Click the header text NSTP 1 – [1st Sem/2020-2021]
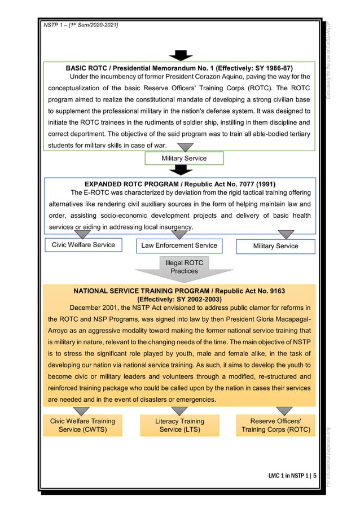click(77, 25)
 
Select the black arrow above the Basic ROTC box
click(181, 55)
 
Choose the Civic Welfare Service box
click(84, 245)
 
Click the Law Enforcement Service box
click(179, 246)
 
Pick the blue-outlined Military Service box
click(276, 246)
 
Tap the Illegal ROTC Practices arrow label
click(185, 267)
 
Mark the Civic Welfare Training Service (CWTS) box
click(82, 425)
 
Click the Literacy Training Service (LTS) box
click(179, 425)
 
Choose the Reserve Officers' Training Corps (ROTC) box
click(276, 425)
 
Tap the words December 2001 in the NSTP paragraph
click(96, 308)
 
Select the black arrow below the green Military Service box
click(181, 169)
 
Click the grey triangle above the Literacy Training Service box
click(179, 411)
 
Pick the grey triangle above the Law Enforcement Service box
click(181, 234)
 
